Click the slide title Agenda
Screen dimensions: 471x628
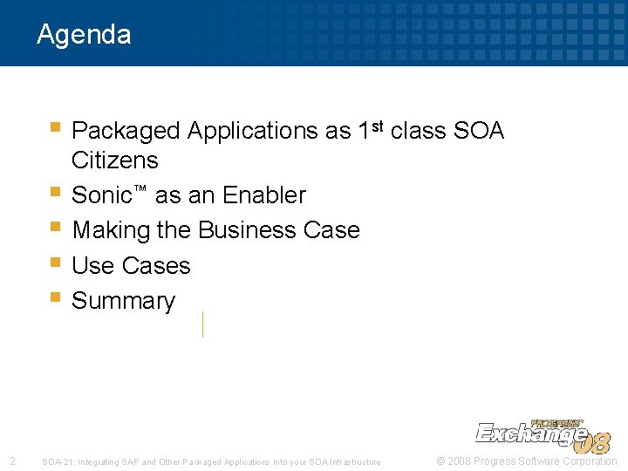pos(84,35)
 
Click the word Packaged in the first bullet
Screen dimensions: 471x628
pos(126,131)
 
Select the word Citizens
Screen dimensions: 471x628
pos(114,160)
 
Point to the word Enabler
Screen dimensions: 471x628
pos(264,195)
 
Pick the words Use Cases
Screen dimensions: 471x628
pos(131,265)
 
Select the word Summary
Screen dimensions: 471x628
pos(123,301)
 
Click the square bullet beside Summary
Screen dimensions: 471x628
pos(55,297)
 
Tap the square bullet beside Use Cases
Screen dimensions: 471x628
pos(55,262)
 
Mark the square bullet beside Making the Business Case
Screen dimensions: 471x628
pos(55,227)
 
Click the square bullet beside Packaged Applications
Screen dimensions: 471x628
pos(55,127)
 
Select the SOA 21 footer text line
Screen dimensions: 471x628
pos(211,462)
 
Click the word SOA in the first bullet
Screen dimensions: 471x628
pos(479,131)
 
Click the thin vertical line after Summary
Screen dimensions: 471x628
pos(202,324)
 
